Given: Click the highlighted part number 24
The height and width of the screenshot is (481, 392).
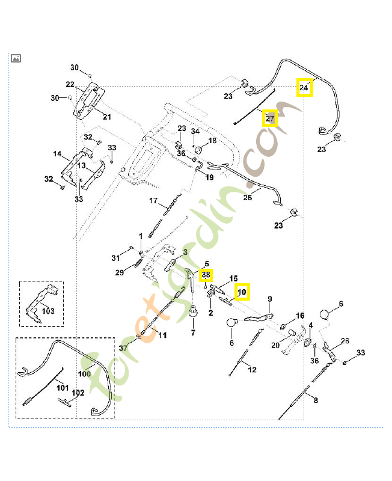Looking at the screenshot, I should click(304, 88).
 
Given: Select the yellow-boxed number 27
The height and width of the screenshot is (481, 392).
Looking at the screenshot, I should click(269, 118).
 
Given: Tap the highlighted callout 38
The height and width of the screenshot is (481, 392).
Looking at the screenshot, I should click(206, 275).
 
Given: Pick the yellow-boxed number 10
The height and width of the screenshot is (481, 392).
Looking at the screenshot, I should click(242, 292).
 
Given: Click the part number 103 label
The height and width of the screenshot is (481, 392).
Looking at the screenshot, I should click(47, 311).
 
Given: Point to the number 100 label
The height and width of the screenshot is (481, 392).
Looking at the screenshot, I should click(84, 373).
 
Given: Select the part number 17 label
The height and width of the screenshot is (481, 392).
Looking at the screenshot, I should click(153, 200).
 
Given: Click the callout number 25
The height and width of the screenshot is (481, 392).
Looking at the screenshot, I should click(247, 197).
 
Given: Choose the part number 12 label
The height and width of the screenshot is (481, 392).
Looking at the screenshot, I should click(252, 369).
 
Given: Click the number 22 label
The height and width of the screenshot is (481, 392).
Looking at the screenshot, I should click(70, 84).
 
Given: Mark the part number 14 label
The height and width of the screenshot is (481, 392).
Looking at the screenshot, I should click(57, 154).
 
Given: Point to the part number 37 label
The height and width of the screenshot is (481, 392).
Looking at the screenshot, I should click(123, 348).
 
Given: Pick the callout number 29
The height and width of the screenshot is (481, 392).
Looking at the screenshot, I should click(120, 272).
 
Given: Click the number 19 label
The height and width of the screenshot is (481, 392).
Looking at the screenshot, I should click(209, 177).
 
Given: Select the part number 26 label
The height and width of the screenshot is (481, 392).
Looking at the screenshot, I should click(345, 341).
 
